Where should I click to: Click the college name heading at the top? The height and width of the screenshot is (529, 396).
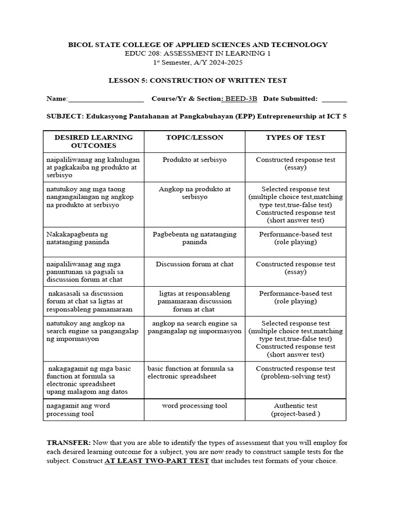pos(198,45)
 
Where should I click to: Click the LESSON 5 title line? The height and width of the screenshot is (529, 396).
pos(197,81)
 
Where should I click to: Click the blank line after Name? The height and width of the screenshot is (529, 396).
pos(106,99)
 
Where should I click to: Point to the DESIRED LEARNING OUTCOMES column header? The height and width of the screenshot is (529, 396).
pos(93,141)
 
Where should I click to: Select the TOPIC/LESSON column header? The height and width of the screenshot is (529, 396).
pos(194,137)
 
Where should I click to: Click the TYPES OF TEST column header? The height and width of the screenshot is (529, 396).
pos(295,137)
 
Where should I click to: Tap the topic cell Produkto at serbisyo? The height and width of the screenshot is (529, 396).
pos(194,160)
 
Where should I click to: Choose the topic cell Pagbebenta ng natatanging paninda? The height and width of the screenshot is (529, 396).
pos(194,238)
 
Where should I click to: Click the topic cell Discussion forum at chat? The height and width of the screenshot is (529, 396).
pos(194,264)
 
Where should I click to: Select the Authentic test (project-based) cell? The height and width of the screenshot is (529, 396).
pos(295,410)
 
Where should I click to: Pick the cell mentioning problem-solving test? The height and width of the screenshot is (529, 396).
pos(295,372)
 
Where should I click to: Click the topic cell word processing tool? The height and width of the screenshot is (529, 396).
pos(194,406)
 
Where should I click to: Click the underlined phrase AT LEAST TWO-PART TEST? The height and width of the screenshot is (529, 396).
pos(157,461)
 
